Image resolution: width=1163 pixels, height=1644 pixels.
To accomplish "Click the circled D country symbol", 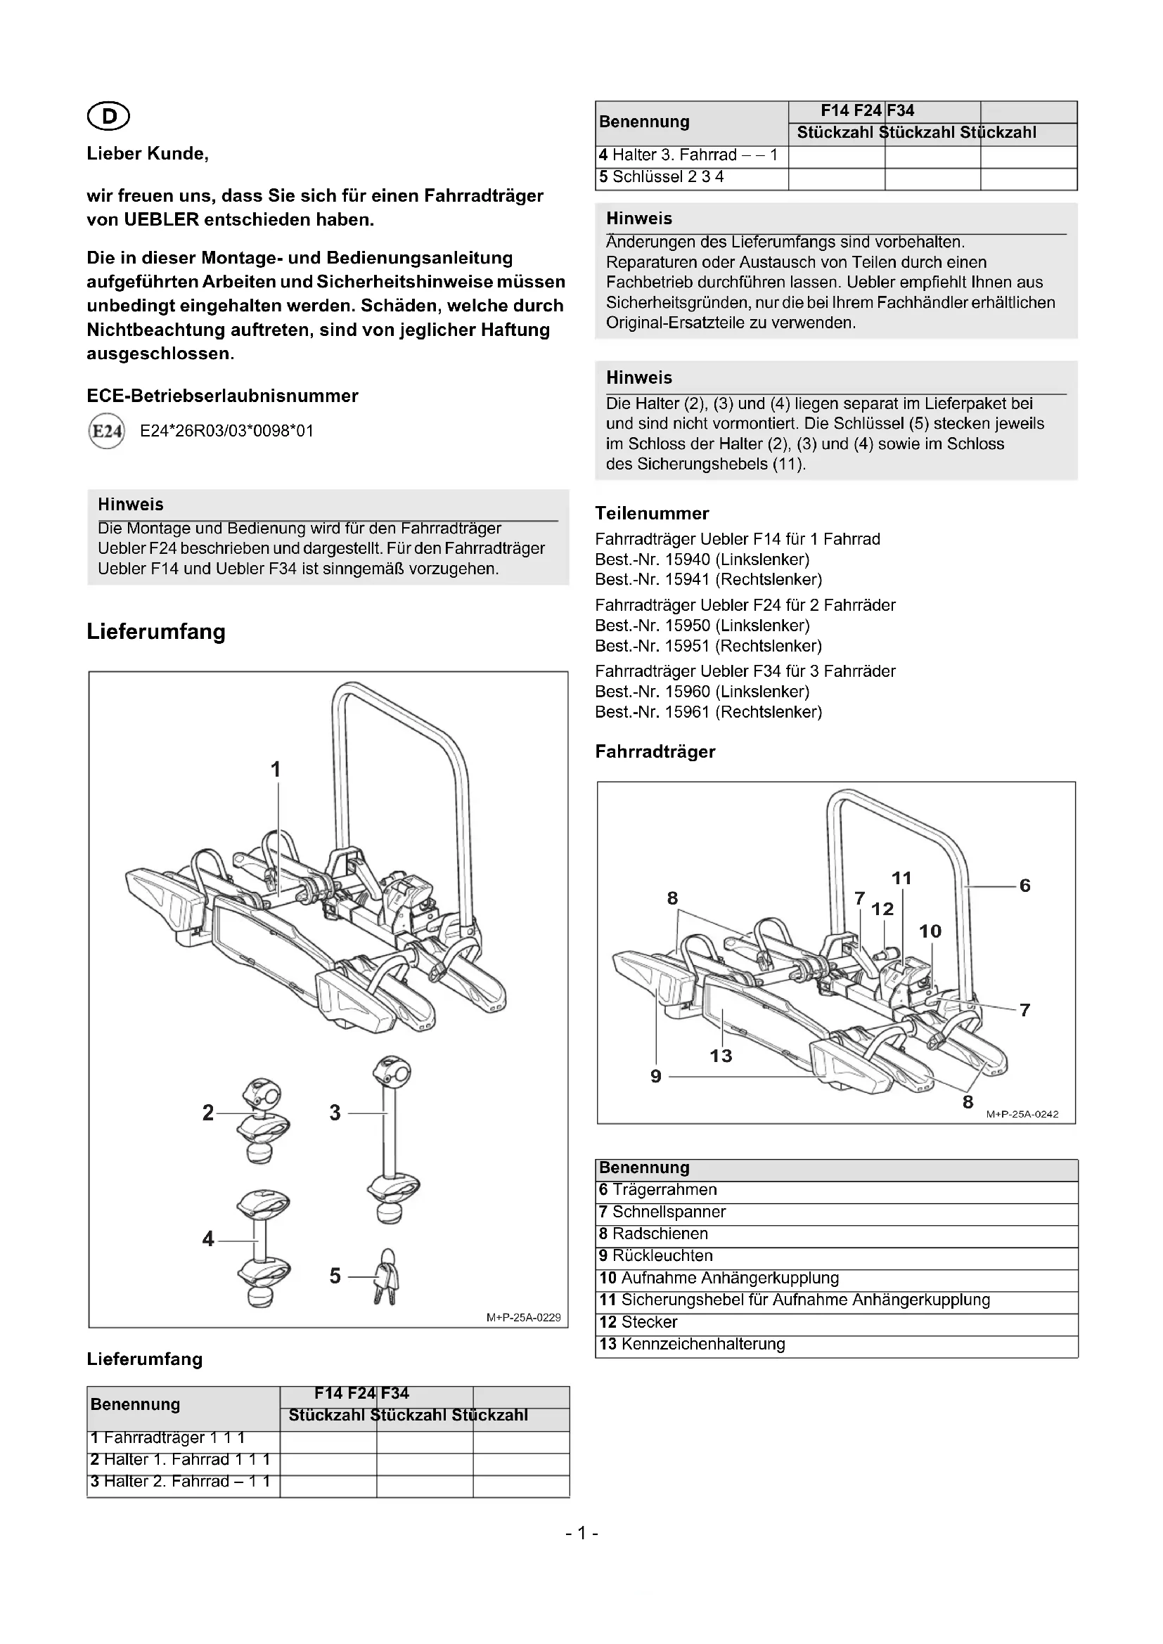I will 108,116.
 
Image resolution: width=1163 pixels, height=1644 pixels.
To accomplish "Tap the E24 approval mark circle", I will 105,431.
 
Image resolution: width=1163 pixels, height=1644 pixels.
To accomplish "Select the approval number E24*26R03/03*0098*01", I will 227,431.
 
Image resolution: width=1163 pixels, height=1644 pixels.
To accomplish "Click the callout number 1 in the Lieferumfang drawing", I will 276,770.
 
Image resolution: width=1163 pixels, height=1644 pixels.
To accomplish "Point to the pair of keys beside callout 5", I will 385,1277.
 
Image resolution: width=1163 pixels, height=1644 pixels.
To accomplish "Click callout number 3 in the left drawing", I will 335,1113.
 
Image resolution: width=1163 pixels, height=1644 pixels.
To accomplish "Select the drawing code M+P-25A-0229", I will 524,1317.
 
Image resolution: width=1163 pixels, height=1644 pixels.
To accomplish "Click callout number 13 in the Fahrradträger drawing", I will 721,1056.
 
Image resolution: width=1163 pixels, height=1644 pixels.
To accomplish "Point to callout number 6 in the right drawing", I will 1024,886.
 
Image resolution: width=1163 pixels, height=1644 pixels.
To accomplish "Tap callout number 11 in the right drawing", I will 901,878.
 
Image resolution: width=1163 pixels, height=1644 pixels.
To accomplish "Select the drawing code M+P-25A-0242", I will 1022,1114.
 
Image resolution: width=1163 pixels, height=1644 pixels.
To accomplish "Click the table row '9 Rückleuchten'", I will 655,1255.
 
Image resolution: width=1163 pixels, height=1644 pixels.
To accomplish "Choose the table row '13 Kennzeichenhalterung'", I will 692,1344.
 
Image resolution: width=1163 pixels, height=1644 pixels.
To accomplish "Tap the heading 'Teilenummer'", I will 652,513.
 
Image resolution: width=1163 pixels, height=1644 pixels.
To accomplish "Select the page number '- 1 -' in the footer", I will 581,1533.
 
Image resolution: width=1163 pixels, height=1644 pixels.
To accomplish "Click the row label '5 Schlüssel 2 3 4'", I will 662,177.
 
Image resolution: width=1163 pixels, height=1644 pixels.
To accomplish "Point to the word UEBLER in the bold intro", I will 161,220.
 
